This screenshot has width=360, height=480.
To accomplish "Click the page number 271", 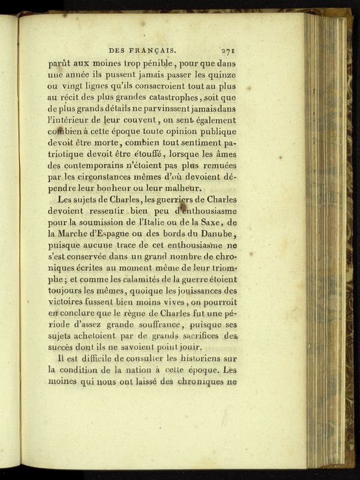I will click(x=227, y=51).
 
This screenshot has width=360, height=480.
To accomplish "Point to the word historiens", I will click(x=199, y=359).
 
